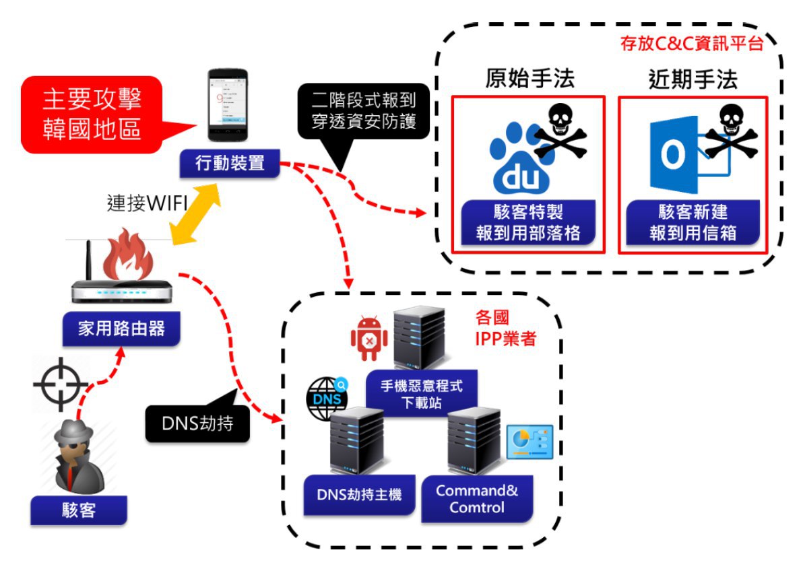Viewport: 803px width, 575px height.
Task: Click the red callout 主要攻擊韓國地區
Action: [91, 113]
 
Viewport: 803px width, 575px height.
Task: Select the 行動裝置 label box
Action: [230, 164]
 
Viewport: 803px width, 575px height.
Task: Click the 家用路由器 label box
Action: [121, 329]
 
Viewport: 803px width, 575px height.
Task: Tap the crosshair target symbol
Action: [61, 385]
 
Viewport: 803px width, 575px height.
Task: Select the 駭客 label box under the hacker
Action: [78, 510]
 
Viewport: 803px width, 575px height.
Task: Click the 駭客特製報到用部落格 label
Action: [527, 223]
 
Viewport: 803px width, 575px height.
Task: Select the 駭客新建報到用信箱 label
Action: [693, 223]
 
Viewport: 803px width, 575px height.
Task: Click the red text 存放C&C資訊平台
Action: [692, 44]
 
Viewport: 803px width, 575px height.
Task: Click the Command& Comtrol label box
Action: [476, 498]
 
